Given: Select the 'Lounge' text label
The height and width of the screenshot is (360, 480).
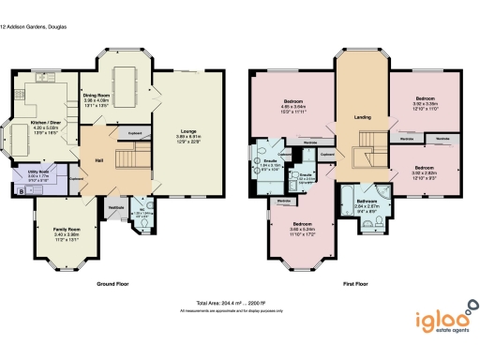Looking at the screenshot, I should click(188, 131).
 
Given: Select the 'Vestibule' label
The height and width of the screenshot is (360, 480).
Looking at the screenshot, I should click(116, 206).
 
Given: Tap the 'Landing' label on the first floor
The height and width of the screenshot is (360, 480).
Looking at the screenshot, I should click(364, 117).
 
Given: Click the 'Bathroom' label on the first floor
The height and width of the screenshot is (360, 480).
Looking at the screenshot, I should click(367, 200).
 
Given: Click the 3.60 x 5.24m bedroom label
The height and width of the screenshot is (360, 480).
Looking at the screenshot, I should click(301, 225).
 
